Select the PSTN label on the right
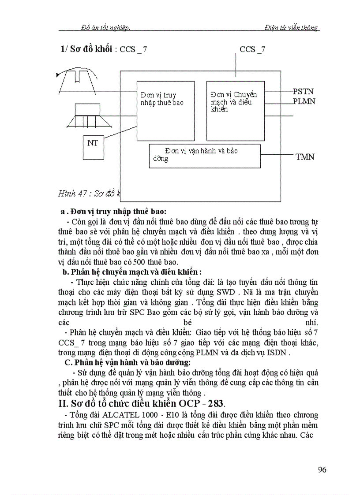tap(303, 92)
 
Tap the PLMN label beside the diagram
tap(304, 101)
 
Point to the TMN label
tap(304, 156)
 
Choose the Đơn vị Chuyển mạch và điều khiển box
tap(235, 111)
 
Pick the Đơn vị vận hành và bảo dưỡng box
tap(204, 155)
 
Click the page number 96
tap(322, 469)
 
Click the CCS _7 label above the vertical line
tap(252, 49)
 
